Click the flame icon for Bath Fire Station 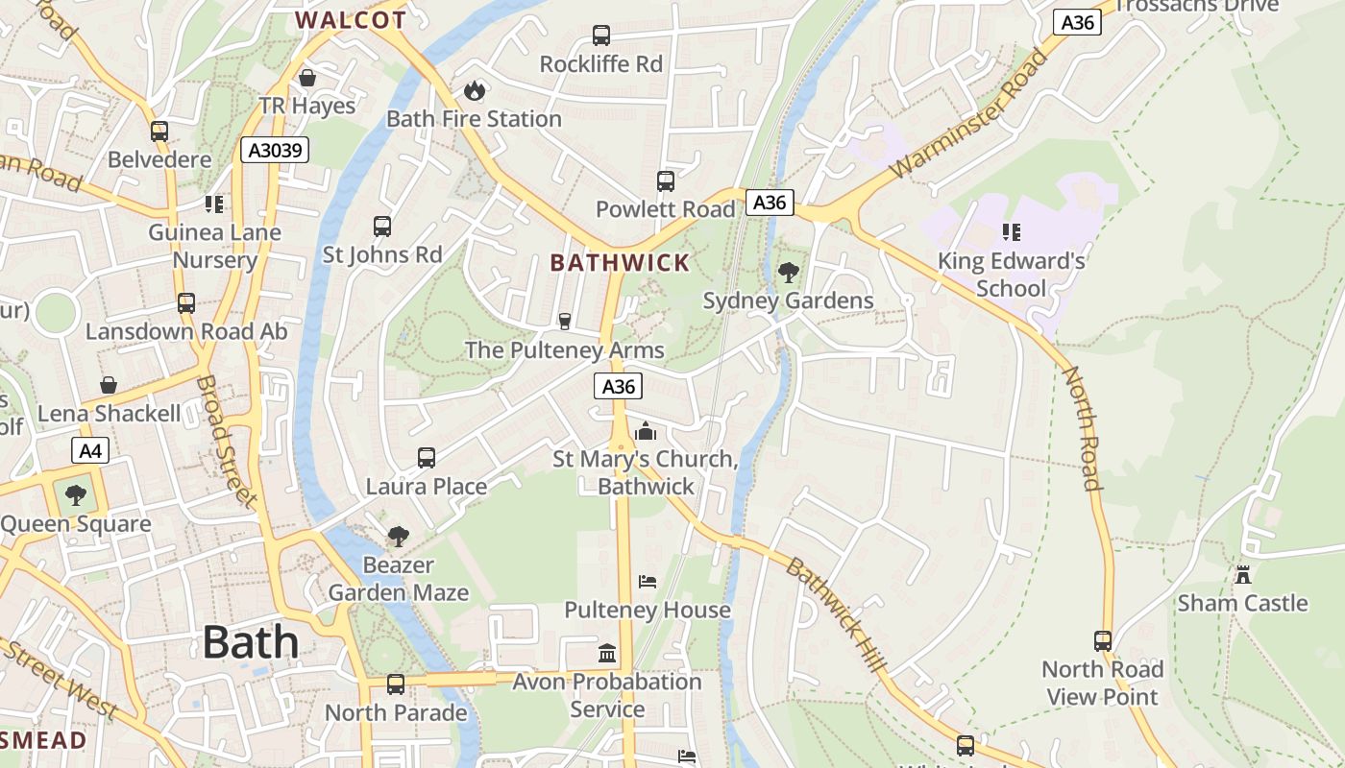coord(474,90)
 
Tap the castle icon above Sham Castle coord(1243,575)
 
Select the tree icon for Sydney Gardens coord(788,273)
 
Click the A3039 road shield coord(274,150)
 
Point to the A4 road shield coord(89,450)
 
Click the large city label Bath coord(251,642)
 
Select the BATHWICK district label coord(620,262)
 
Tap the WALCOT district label coord(351,19)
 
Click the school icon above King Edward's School coord(1011,231)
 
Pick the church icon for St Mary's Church coord(646,431)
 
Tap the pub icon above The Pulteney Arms coord(565,321)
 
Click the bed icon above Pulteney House coord(648,582)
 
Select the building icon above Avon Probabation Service coord(607,654)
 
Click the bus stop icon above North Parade coord(395,684)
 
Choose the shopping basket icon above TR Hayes coord(307,78)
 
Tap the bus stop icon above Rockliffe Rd coord(601,36)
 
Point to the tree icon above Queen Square coord(75,495)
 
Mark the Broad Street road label coord(226,441)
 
